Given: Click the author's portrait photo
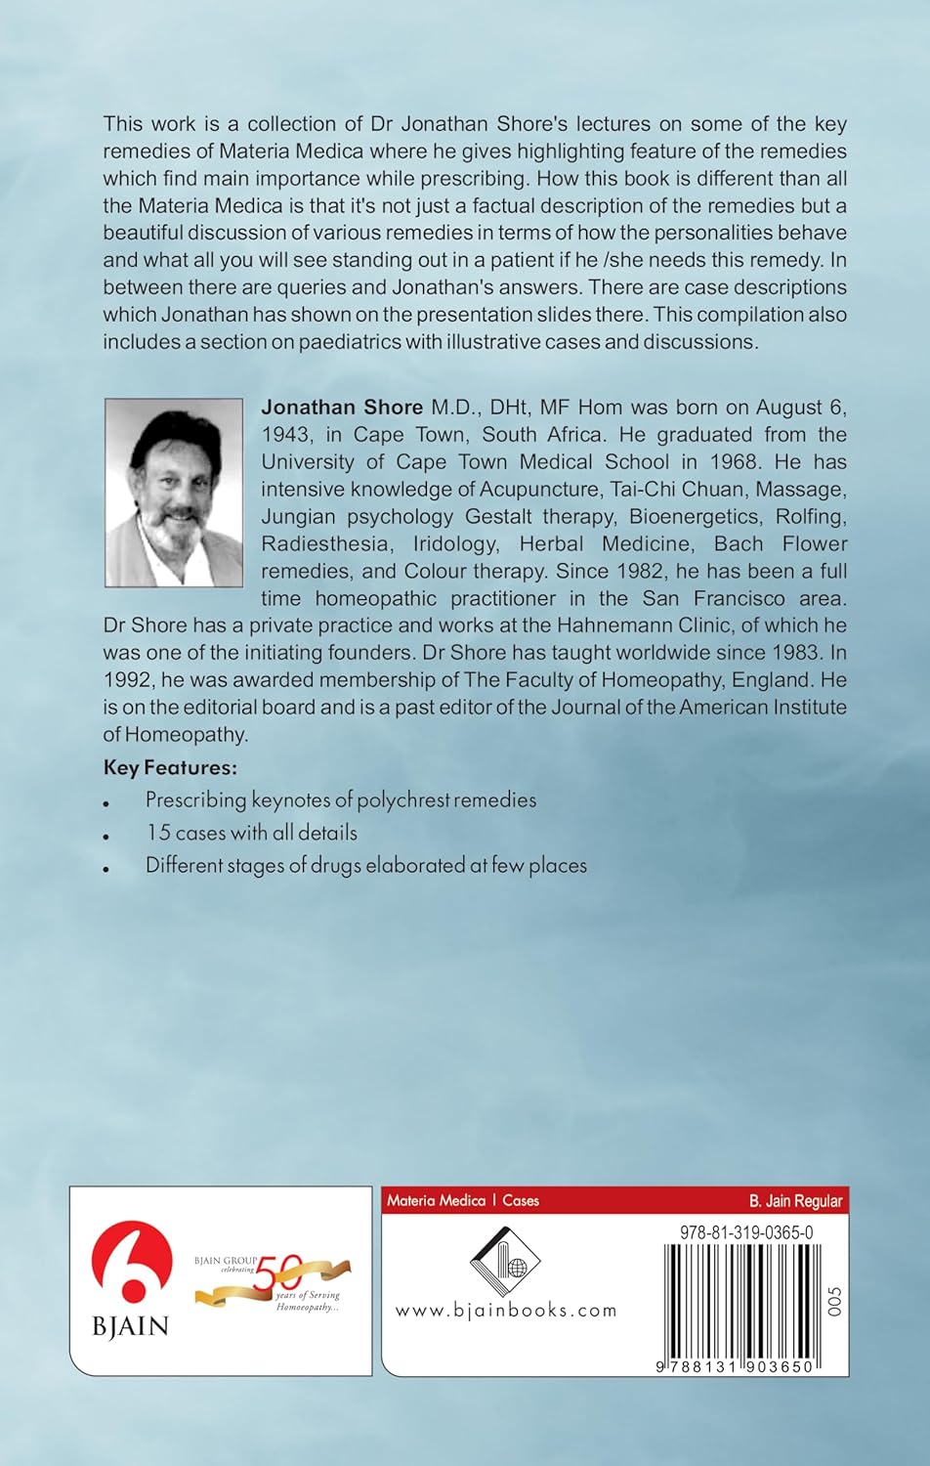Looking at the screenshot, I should [173, 492].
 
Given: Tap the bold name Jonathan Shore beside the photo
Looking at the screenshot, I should [342, 407].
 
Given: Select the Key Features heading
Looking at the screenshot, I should [170, 766].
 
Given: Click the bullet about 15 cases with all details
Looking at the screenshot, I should [251, 833].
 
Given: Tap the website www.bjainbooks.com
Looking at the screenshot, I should [505, 1311].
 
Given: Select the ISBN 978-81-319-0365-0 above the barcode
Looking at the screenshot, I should [745, 1233].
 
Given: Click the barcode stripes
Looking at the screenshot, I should [738, 1300].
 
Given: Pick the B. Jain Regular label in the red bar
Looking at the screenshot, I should [794, 1200].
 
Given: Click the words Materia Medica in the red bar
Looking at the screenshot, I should [436, 1200].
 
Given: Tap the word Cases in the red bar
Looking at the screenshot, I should [521, 1200].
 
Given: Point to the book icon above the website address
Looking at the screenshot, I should [505, 1260].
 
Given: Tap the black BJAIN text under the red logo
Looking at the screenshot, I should [131, 1326].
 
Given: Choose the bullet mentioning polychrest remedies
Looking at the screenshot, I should [340, 799].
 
